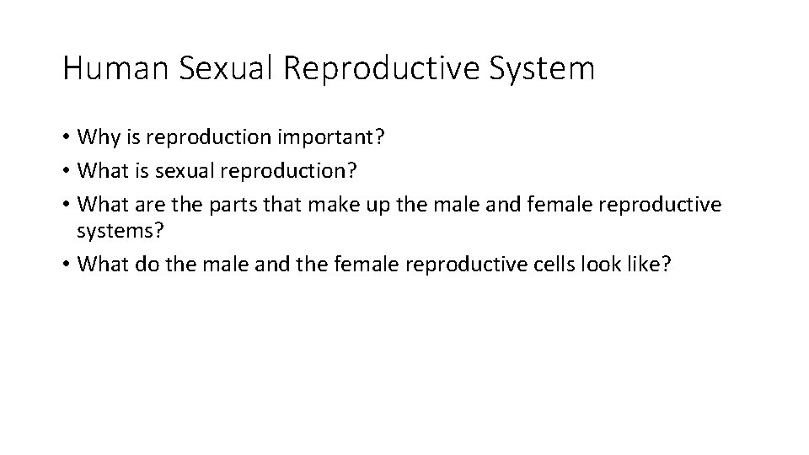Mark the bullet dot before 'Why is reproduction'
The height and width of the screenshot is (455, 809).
click(x=66, y=137)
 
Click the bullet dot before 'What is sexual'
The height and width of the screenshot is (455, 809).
click(x=66, y=171)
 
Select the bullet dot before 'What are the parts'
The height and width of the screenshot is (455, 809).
click(x=66, y=205)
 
